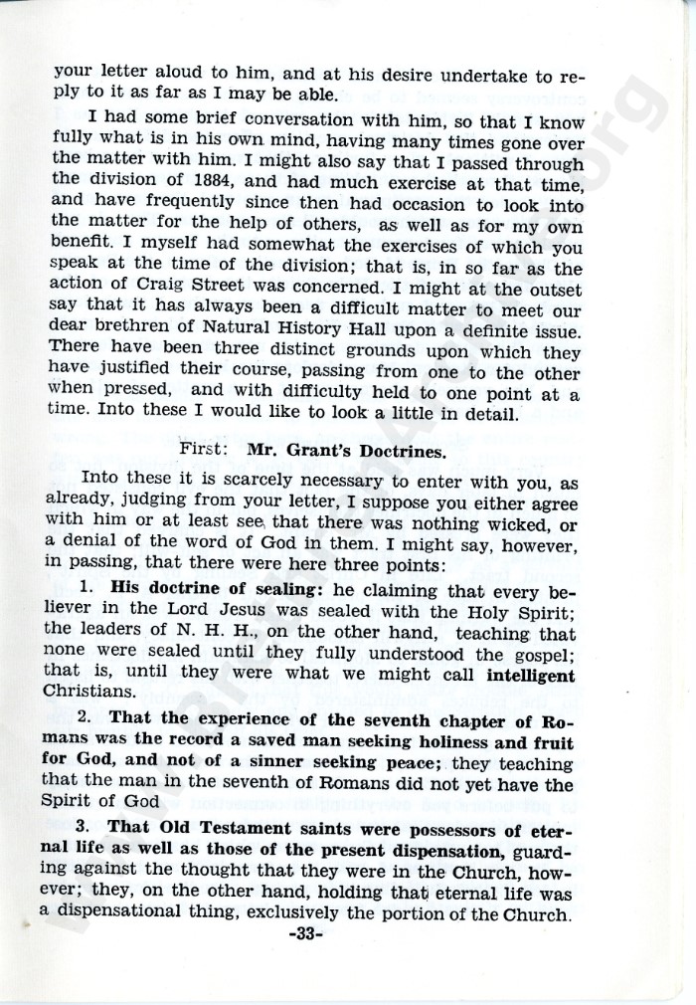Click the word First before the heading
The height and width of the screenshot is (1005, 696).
[202, 449]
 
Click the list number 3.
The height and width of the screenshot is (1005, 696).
[86, 830]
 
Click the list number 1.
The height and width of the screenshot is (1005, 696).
[86, 589]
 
